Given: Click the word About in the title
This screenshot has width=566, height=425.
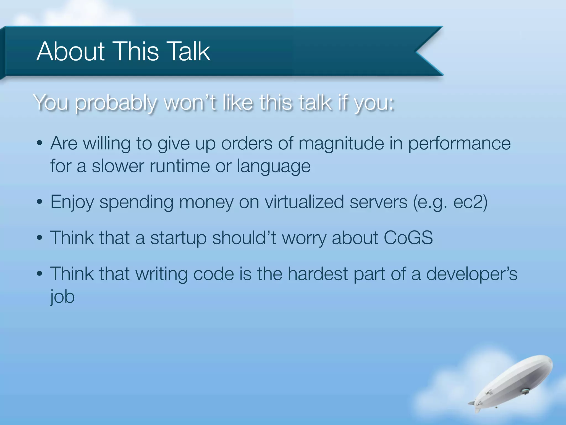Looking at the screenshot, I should [x=70, y=51].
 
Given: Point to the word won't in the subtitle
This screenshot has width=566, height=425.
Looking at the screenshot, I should [x=190, y=103].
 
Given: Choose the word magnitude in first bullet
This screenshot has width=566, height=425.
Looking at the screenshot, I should [x=341, y=144].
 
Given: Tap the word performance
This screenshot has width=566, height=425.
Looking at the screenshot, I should [x=459, y=144].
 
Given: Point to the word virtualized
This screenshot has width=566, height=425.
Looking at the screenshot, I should [x=304, y=202].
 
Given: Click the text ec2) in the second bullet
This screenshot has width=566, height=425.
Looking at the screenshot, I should [x=470, y=202].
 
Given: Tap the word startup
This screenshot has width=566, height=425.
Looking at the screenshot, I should [x=178, y=238].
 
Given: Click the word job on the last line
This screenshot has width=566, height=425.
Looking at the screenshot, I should [x=62, y=297].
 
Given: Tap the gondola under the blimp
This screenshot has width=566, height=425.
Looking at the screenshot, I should [x=525, y=391].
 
